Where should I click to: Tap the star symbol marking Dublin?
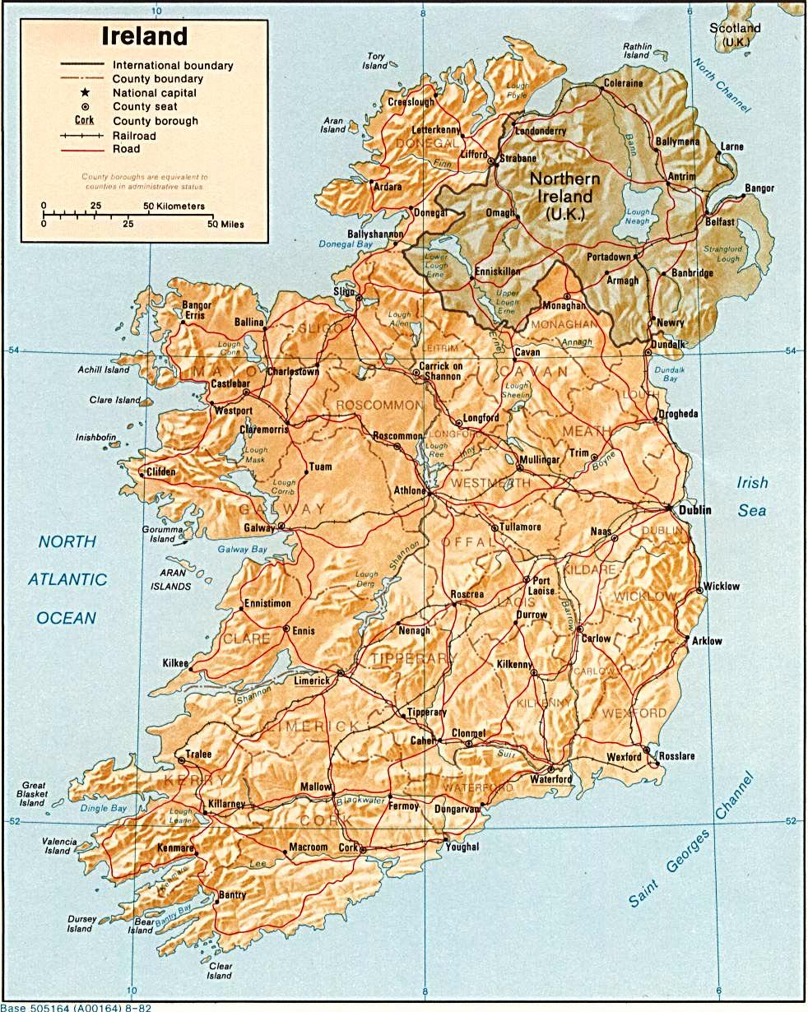coord(672,509)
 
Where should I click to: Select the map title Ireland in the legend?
coord(144,37)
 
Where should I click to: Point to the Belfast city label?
coord(719,222)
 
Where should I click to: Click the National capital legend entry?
coord(155,93)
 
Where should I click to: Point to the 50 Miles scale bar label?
coord(225,224)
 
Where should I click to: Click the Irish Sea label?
coord(751,497)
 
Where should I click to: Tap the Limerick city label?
coord(312,680)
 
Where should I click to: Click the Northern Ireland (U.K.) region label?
coord(564,197)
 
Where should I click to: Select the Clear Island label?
coord(220,970)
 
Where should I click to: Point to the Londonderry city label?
coord(540,131)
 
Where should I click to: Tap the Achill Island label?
coord(104,370)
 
